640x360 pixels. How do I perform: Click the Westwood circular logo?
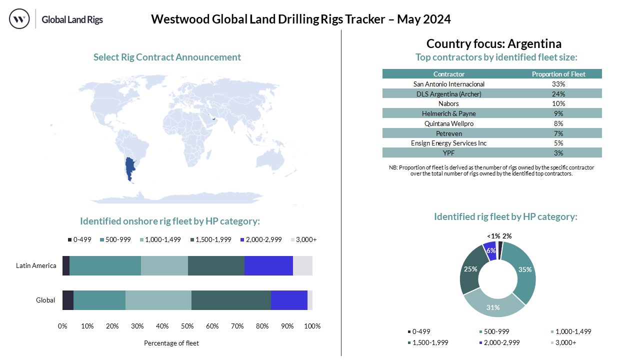click(19, 19)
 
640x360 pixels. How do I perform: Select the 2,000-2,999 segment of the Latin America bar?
click(268, 265)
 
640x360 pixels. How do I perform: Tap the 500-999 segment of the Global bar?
click(99, 300)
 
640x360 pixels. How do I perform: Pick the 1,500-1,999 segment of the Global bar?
click(231, 300)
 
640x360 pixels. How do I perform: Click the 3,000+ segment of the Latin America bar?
click(302, 265)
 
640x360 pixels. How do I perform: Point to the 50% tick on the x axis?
click(187, 326)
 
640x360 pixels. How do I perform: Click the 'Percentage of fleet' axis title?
click(171, 343)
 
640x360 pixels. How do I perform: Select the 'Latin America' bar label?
click(36, 265)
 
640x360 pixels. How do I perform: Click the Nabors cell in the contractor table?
click(449, 103)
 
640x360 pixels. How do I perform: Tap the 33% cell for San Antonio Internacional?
click(558, 84)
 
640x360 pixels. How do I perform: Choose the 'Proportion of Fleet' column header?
click(558, 74)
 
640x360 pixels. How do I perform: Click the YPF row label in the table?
click(449, 152)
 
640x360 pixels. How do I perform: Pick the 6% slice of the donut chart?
click(490, 250)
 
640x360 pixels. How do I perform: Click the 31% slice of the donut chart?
click(494, 306)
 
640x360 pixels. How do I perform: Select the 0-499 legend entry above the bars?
click(80, 239)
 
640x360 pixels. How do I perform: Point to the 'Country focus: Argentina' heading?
click(494, 43)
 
